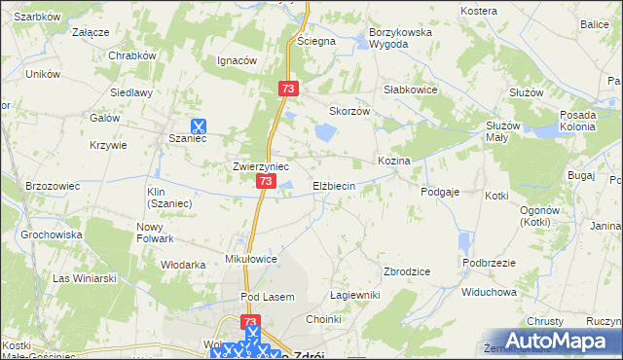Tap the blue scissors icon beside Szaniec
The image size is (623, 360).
pyautogui.click(x=198, y=125)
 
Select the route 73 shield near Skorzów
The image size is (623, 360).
pyautogui.click(x=288, y=89)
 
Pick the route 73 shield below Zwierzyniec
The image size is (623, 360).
pyautogui.click(x=266, y=182)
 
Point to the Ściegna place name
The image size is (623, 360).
pyautogui.click(x=316, y=42)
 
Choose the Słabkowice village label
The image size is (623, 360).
pyautogui.click(x=411, y=89)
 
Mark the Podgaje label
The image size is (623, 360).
pyautogui.click(x=440, y=193)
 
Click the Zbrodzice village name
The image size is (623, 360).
pyautogui.click(x=409, y=271)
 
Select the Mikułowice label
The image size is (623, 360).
pyautogui.click(x=252, y=260)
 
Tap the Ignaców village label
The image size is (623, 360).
pyautogui.click(x=236, y=60)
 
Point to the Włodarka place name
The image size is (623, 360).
pyautogui.click(x=183, y=265)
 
